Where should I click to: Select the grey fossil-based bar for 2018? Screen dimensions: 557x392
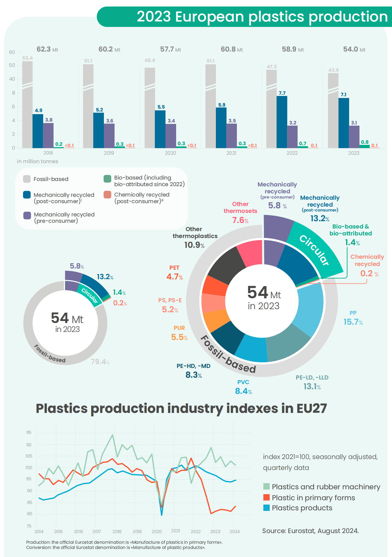(x=27, y=115)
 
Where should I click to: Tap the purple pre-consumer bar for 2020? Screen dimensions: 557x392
(x=171, y=136)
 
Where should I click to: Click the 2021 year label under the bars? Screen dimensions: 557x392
(x=231, y=153)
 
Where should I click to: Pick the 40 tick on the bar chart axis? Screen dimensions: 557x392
(x=12, y=79)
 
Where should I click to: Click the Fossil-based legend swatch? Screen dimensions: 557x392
(x=27, y=179)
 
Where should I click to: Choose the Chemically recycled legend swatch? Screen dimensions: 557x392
(x=107, y=195)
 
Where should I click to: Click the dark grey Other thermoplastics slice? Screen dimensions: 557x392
(x=226, y=265)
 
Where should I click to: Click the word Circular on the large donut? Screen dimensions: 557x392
(x=314, y=250)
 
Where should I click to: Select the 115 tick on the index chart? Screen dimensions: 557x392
(x=29, y=433)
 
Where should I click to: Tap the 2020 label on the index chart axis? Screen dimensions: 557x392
(x=157, y=531)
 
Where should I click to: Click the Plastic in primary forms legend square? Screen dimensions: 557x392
(x=267, y=498)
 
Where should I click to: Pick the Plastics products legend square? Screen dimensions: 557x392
(x=267, y=508)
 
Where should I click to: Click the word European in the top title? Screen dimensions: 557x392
(x=210, y=17)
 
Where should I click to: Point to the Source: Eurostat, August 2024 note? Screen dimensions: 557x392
(x=310, y=531)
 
